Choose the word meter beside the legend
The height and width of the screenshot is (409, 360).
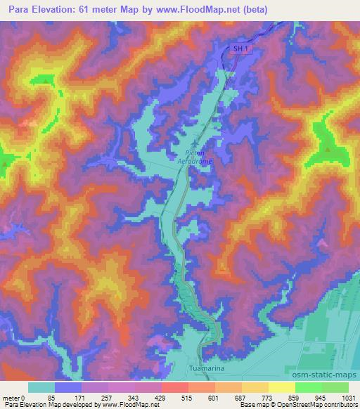click(x=11, y=397)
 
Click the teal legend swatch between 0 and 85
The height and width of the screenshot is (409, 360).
click(x=41, y=387)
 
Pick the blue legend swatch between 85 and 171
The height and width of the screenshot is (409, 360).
click(x=69, y=387)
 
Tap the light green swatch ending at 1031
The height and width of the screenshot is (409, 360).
click(x=335, y=387)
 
